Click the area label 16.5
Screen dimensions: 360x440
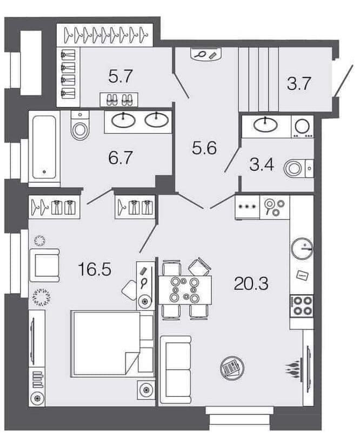(x=95, y=269)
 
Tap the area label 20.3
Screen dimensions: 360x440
(x=251, y=283)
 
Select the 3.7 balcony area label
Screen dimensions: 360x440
(x=298, y=84)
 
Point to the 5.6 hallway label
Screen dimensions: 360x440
(x=204, y=148)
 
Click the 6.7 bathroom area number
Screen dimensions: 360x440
(x=120, y=157)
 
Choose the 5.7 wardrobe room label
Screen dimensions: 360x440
(x=121, y=76)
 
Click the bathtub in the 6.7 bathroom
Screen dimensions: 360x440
(x=44, y=149)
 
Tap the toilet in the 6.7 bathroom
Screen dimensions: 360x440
(x=80, y=125)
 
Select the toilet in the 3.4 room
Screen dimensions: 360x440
(x=298, y=168)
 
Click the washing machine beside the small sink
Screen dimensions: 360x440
(x=302, y=126)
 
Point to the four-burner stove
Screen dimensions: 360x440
(x=302, y=306)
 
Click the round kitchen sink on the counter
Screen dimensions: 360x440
(x=302, y=248)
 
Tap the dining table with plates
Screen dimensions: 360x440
(x=185, y=290)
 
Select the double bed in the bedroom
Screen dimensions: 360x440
(x=112, y=343)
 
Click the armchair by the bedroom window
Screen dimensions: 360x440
(x=45, y=265)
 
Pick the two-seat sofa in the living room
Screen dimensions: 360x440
(x=176, y=370)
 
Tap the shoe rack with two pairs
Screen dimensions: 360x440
(x=119, y=99)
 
